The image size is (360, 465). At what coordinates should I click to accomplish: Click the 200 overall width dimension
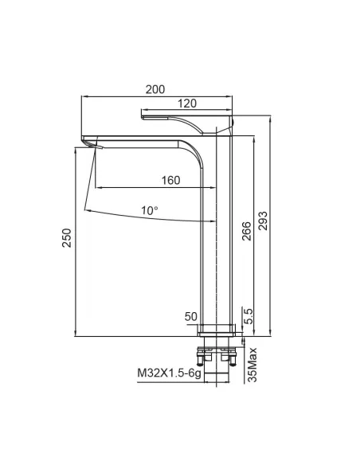[155, 89]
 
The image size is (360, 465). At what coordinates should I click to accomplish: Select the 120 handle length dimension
[187, 104]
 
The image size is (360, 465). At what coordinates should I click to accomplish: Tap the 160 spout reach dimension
[170, 180]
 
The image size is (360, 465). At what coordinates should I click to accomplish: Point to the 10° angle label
[149, 210]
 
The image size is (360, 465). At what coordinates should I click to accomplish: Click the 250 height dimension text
[67, 237]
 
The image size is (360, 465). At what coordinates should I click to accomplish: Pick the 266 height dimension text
[246, 231]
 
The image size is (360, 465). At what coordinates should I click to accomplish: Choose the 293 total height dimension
[263, 221]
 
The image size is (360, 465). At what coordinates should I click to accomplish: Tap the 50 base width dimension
[190, 316]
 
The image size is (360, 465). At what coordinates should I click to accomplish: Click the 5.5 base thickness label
[248, 316]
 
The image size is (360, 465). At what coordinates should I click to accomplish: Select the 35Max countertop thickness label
[252, 365]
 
